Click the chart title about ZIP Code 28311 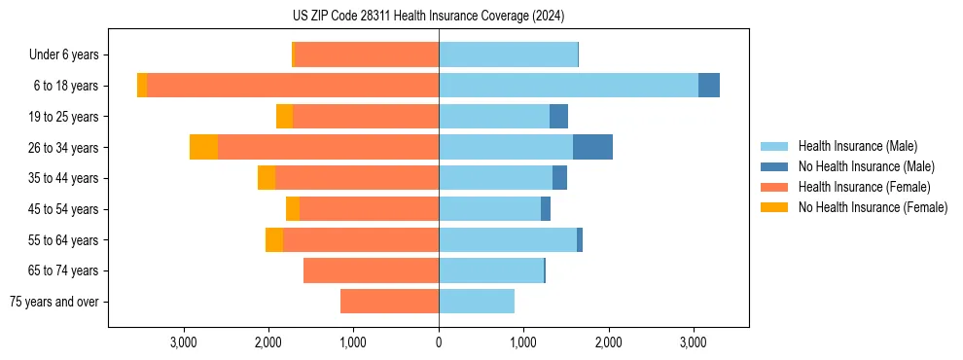coord(428,16)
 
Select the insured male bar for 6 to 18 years coord(568,86)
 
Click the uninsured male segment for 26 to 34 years coord(592,147)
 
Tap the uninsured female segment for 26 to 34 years coord(203,147)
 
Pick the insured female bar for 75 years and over coord(389,302)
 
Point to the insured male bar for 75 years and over coord(477,302)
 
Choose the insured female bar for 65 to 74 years coord(371,270)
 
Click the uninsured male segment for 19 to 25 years coord(558,117)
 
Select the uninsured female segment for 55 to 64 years coord(274,240)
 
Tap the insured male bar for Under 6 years coord(508,54)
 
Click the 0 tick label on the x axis coord(439,342)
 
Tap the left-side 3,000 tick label coord(184,342)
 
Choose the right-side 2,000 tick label coord(608,342)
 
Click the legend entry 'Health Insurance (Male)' coord(857,146)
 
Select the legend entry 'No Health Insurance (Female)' coord(873,207)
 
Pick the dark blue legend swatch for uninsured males coord(774,166)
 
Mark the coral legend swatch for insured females coord(774,187)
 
